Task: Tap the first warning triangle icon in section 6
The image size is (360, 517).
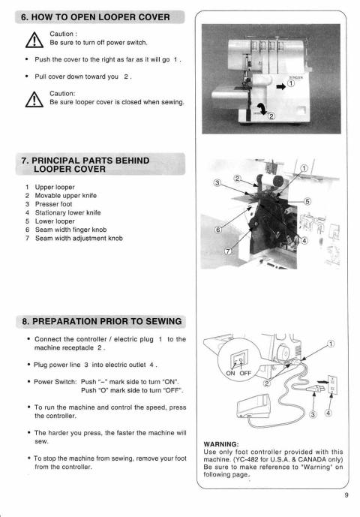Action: pos(33,39)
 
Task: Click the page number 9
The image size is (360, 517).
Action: pos(346,494)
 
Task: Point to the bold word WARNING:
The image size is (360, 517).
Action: pos(220,443)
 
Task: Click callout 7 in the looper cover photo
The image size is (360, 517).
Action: pos(228,251)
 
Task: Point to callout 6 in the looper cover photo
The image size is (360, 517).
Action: pos(218,230)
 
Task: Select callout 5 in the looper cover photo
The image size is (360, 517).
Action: pos(306,200)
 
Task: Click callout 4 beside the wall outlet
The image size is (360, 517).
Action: pos(327,413)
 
